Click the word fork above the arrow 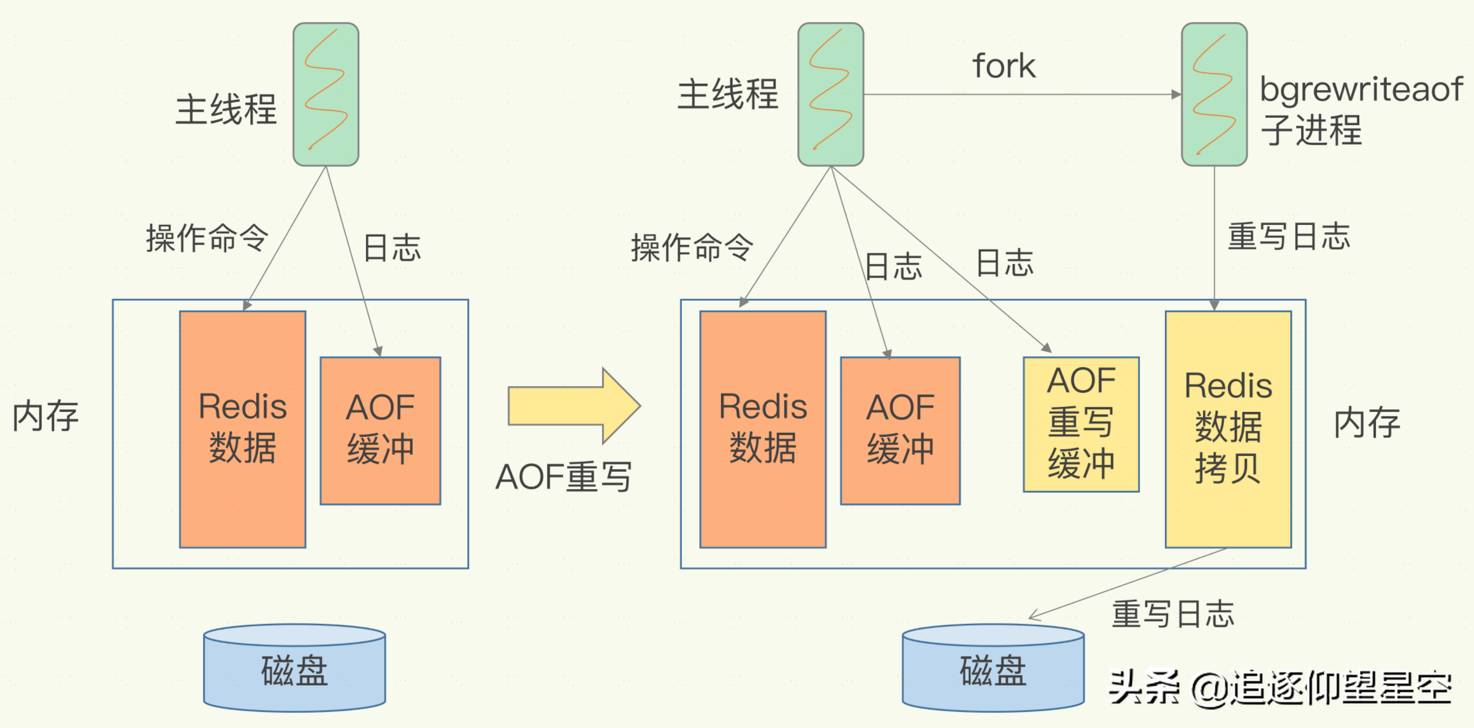(x=1004, y=66)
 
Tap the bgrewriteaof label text (x=1361, y=89)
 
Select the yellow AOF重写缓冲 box (x=1081, y=424)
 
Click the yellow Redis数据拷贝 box (x=1228, y=429)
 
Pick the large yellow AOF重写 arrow (x=573, y=406)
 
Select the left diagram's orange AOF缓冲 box (x=380, y=430)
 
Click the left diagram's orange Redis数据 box (x=242, y=429)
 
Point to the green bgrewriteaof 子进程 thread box (x=1214, y=94)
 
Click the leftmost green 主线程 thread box (x=326, y=94)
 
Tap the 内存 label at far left (x=46, y=416)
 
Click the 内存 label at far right (x=1367, y=423)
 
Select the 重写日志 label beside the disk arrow (x=1172, y=614)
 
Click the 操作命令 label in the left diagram (x=207, y=238)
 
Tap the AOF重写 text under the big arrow (x=563, y=477)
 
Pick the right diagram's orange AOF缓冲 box (x=900, y=430)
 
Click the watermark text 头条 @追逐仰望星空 (x=1280, y=688)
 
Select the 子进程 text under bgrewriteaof (x=1311, y=130)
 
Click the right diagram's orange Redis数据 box (x=763, y=429)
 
